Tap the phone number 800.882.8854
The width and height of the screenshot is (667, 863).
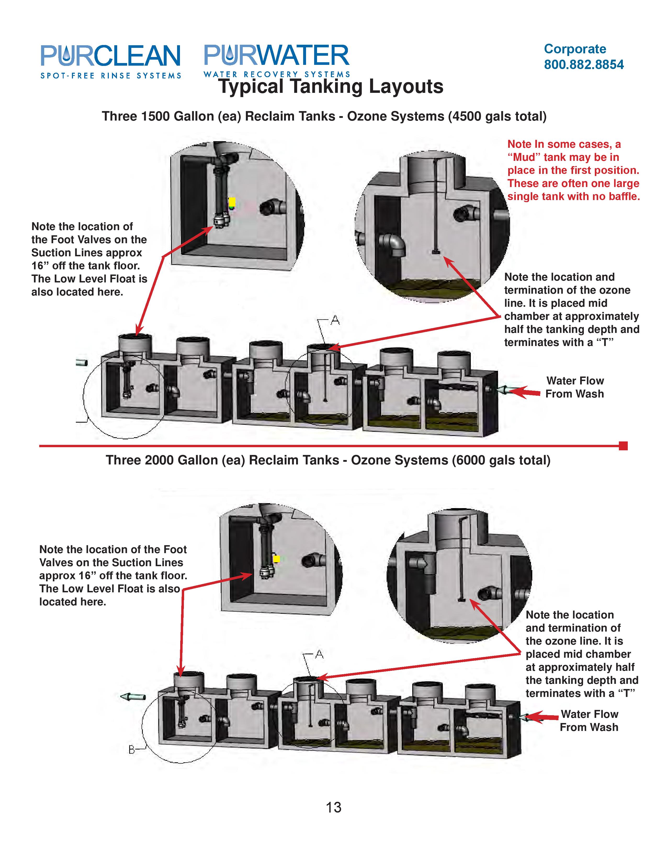click(584, 64)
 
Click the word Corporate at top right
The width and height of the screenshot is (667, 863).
click(575, 49)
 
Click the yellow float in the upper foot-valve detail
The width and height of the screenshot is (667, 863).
click(232, 202)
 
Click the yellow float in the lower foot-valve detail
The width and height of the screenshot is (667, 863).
click(276, 559)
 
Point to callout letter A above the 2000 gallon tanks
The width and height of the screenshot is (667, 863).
click(319, 655)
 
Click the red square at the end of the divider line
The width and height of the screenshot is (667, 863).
click(623, 446)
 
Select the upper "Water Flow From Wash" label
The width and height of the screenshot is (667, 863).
click(575, 387)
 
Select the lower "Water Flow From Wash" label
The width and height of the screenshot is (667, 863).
click(589, 720)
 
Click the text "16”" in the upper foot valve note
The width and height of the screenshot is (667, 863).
click(40, 265)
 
